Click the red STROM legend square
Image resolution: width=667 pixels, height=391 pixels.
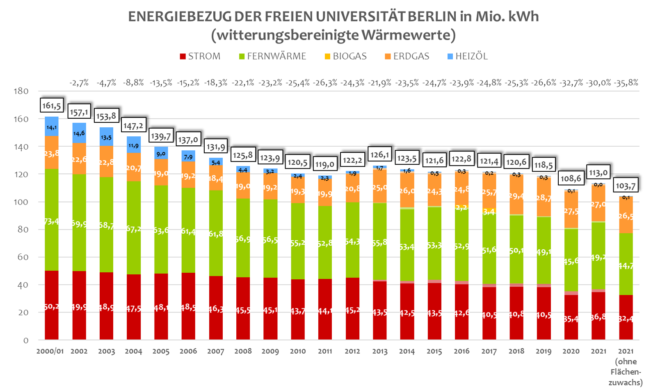coord(183,57)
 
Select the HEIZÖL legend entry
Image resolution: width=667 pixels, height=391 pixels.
coord(471,56)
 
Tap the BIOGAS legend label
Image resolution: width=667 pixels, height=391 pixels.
coord(349,56)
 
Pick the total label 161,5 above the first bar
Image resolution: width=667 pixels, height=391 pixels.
coord(52,106)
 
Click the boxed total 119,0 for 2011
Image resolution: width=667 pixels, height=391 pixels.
coord(325,164)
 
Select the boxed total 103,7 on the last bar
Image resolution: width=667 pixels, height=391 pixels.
coord(626,186)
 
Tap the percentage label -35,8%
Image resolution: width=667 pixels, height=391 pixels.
coord(626,83)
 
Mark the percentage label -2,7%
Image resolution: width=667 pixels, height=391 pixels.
coord(79,83)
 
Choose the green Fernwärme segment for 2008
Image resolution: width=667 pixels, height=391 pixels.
coord(243,238)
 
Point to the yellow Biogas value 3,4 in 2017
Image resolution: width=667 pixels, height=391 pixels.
coord(489,211)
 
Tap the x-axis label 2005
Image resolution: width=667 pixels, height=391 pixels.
coord(161,352)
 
